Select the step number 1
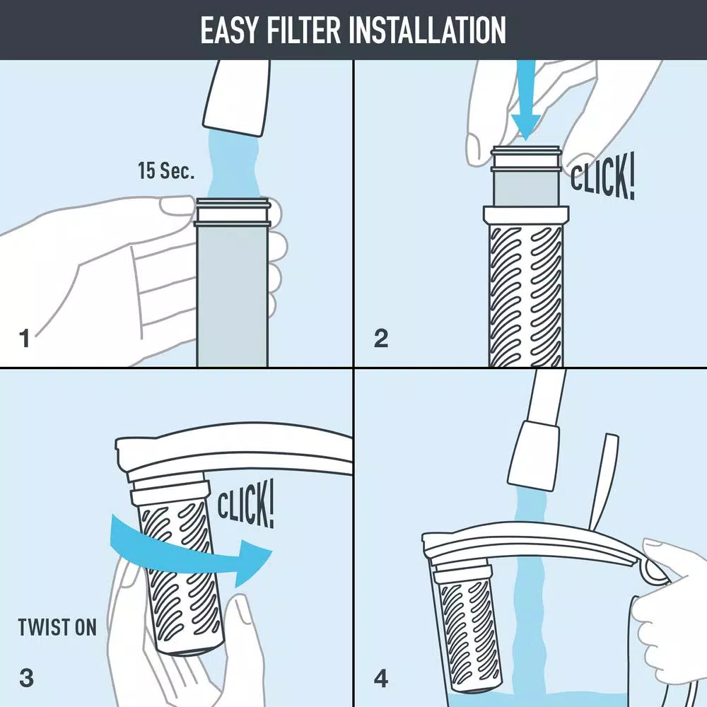click(25, 339)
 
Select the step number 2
click(381, 339)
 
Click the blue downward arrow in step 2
click(527, 106)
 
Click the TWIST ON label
click(57, 626)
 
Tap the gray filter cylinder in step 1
click(232, 297)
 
